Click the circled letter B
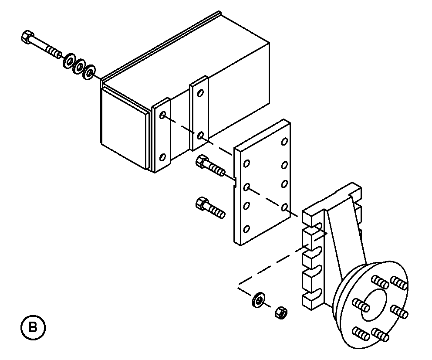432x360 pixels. click(33, 328)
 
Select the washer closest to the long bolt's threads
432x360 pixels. click(69, 61)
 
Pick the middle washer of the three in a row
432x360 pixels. click(79, 66)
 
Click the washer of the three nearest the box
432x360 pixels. click(90, 72)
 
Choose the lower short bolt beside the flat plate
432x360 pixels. click(210, 207)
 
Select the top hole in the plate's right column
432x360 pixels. click(284, 141)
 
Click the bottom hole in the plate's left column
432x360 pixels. click(246, 229)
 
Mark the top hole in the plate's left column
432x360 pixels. click(246, 163)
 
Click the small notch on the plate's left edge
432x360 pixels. click(235, 182)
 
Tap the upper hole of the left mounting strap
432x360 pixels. click(163, 115)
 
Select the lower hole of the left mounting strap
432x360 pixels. click(163, 157)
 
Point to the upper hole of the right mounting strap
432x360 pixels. click(201, 93)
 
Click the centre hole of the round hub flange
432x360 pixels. click(373, 305)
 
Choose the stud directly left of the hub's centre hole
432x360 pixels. click(361, 305)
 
